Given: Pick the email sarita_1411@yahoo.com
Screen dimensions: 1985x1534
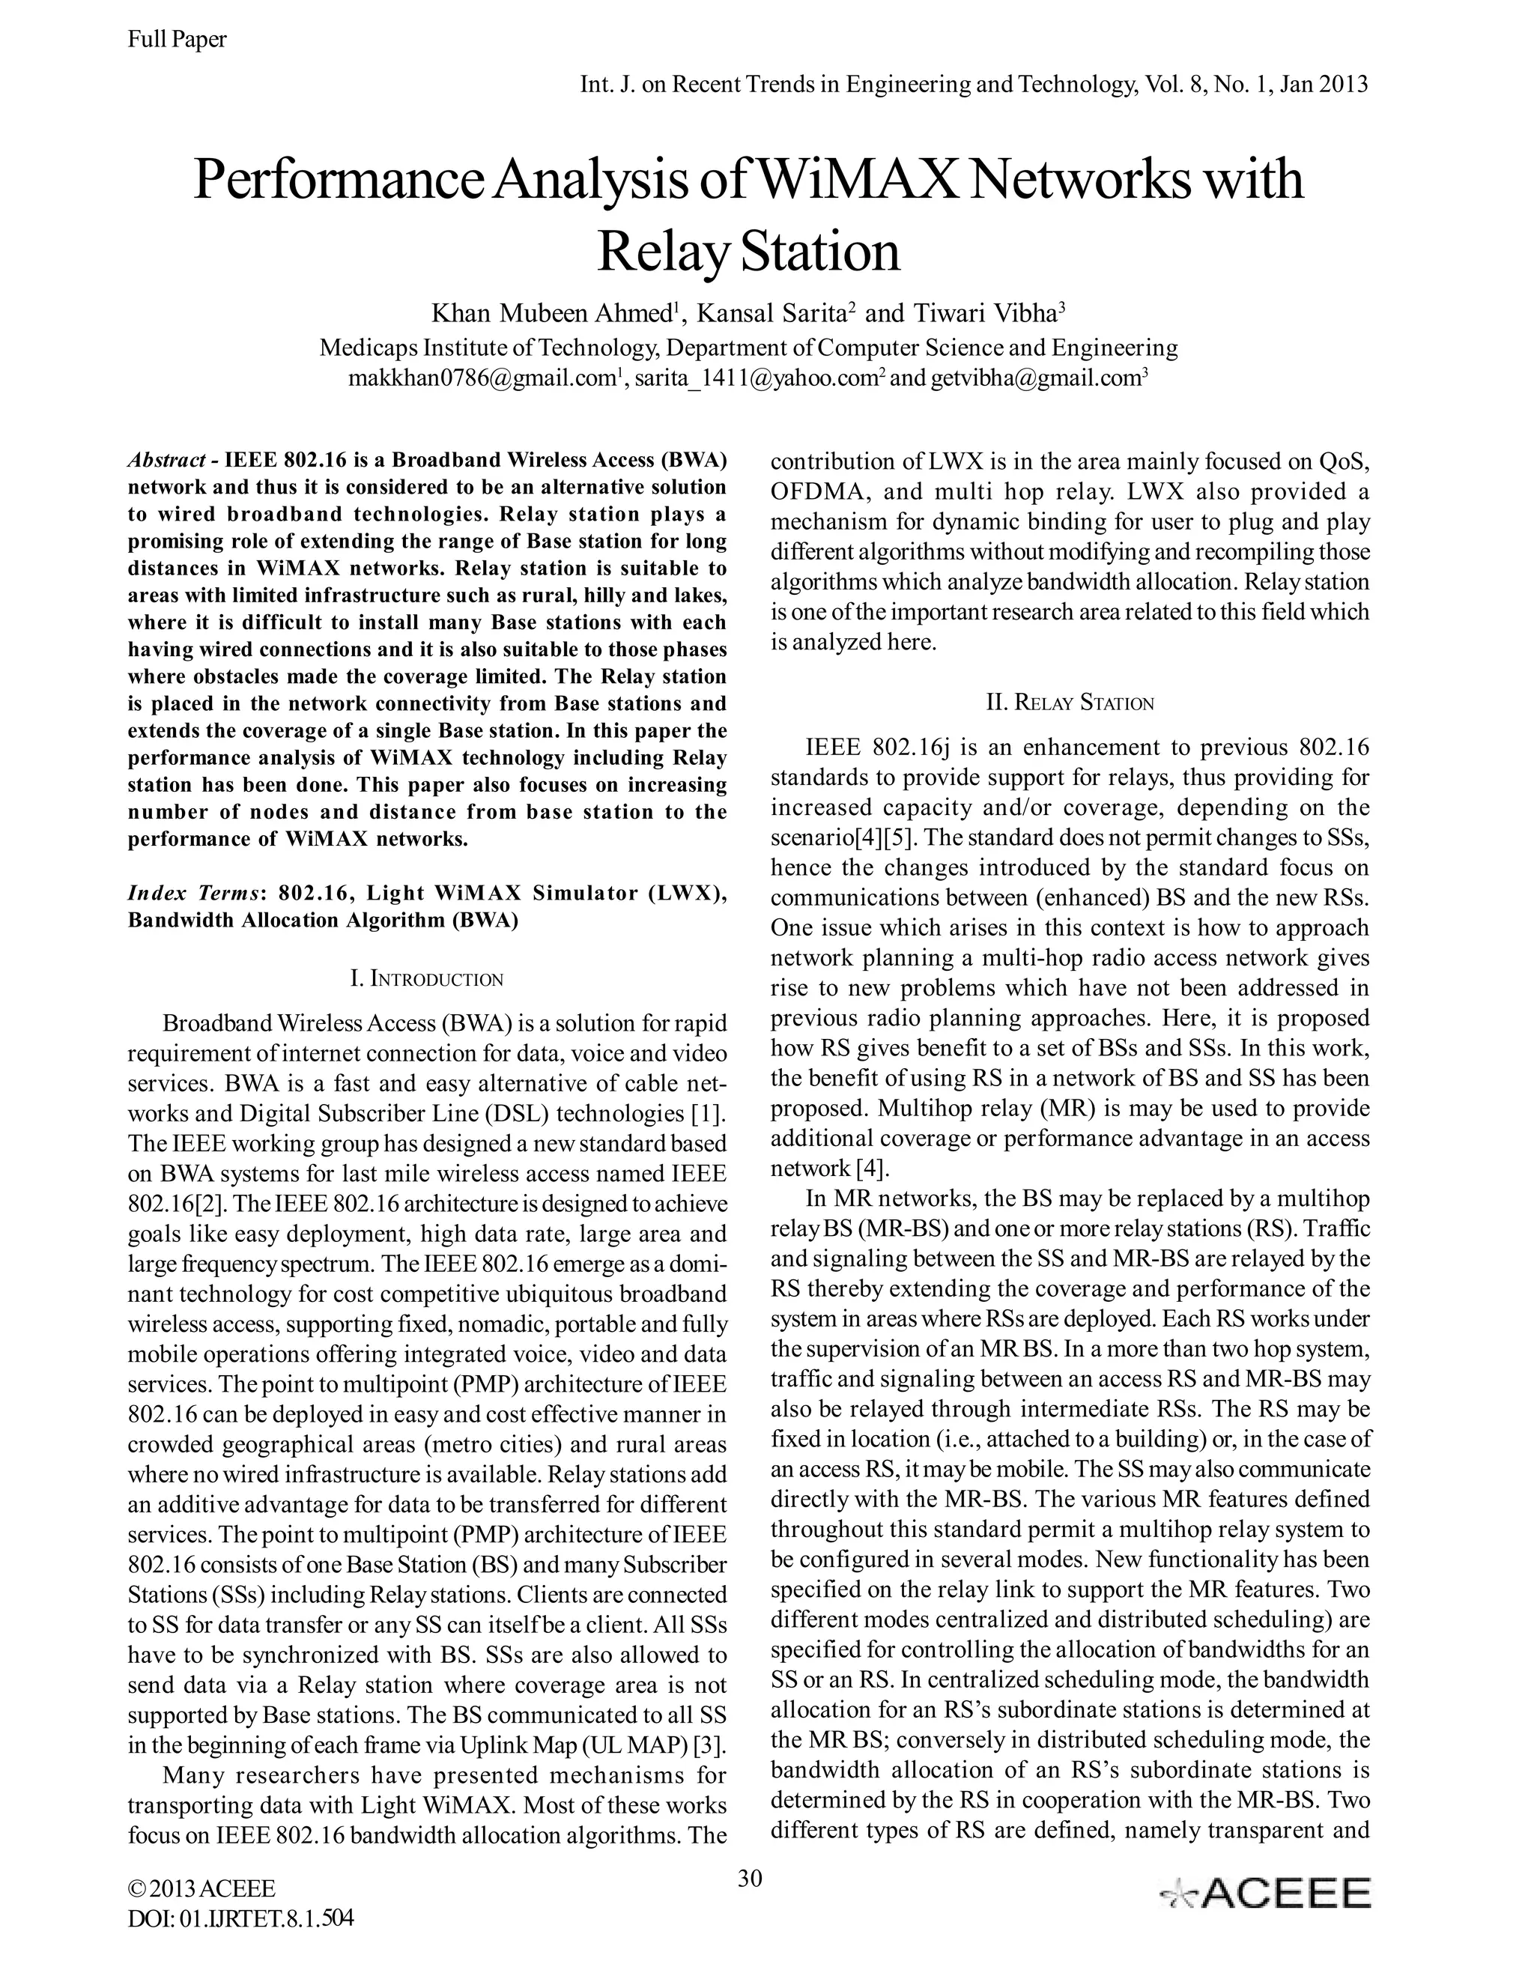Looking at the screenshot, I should point(754,378).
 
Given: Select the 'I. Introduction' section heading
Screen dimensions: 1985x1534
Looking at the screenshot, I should point(426,979).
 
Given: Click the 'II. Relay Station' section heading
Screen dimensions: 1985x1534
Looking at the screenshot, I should point(1070,703).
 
